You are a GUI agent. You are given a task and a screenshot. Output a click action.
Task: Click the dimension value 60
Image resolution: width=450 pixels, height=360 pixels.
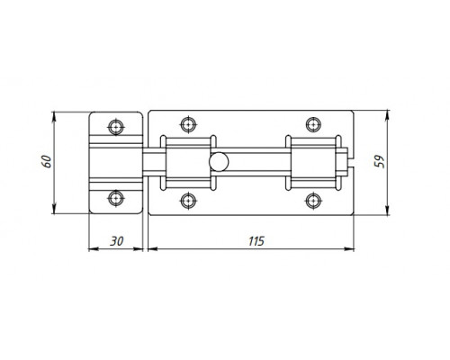(x=48, y=161)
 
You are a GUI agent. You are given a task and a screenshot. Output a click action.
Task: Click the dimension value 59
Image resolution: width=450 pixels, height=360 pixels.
(x=379, y=161)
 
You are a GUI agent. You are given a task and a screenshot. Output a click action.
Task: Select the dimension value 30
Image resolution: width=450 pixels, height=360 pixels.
(x=116, y=241)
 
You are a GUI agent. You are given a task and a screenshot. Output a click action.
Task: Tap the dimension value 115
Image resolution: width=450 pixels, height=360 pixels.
(x=256, y=241)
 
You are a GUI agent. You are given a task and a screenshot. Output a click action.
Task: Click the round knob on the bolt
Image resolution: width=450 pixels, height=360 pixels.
(x=219, y=162)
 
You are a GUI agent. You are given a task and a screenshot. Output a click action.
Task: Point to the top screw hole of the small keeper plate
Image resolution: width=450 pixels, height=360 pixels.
(x=116, y=127)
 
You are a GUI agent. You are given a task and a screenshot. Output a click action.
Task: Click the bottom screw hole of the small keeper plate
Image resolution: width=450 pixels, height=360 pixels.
(x=116, y=198)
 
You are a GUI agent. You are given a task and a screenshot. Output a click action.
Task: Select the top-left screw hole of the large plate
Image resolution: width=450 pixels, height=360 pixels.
(x=188, y=124)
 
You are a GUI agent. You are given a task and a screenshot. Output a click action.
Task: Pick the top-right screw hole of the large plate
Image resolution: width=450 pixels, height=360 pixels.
(x=313, y=124)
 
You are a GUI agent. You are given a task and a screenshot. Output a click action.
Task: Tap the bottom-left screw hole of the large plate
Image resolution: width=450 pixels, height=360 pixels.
(x=188, y=201)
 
